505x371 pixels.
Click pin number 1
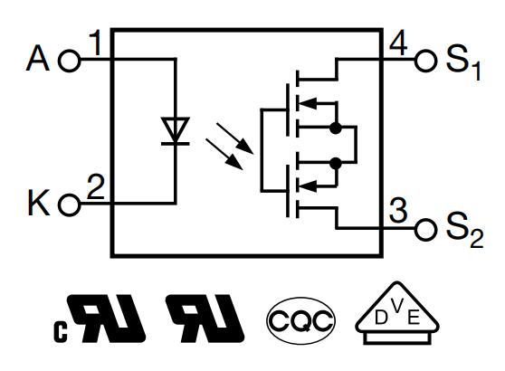click(95, 43)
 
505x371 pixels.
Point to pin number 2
click(96, 186)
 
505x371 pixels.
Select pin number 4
click(398, 44)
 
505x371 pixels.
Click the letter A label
click(38, 58)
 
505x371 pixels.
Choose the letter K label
click(39, 203)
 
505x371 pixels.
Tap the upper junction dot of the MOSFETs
click(336, 128)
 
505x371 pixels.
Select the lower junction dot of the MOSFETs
click(336, 164)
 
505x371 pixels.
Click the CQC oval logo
click(300, 320)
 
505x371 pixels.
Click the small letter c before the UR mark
click(61, 332)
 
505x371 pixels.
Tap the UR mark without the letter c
click(205, 319)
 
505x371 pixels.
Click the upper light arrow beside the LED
click(234, 138)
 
